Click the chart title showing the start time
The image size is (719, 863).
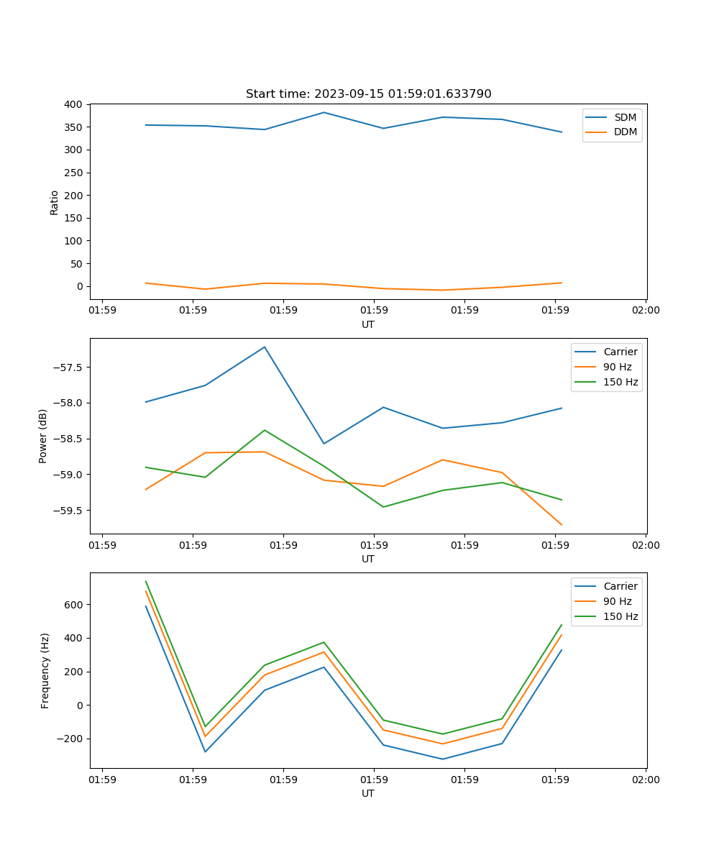pos(368,94)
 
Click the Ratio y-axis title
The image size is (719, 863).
pos(55,202)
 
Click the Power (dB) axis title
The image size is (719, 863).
pos(43,436)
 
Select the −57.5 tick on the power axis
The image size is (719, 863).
pos(69,367)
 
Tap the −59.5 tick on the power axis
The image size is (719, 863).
pos(69,511)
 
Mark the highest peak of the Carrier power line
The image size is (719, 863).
pos(265,347)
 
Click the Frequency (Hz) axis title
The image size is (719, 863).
pos(45,670)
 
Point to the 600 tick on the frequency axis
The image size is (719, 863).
pos(74,605)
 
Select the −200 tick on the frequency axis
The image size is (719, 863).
pos(71,739)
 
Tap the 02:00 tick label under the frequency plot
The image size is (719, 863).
pos(646,780)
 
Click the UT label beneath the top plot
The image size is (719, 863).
pos(368,324)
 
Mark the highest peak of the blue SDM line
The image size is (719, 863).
pos(324,112)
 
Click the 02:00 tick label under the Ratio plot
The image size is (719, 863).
pos(646,311)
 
